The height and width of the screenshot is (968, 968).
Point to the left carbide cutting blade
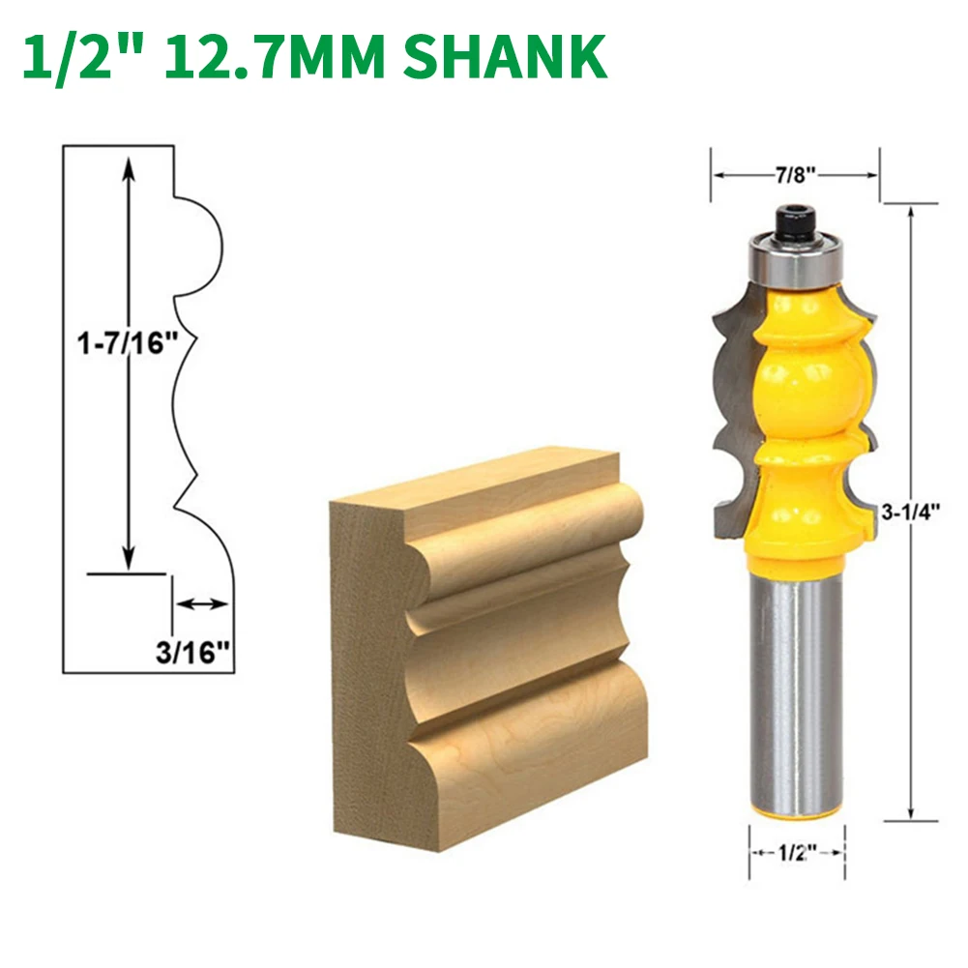[x=730, y=406]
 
